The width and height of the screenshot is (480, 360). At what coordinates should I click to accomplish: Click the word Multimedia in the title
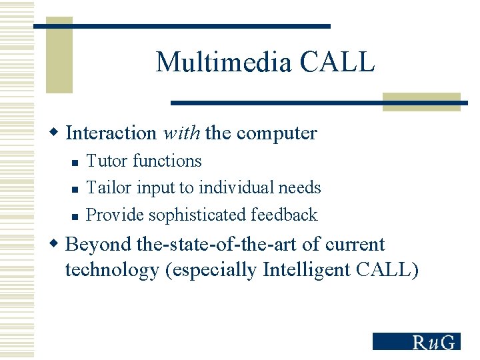[224, 63]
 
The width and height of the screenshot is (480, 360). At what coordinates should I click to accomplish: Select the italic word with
[181, 133]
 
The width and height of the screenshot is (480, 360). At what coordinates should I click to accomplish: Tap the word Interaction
[111, 133]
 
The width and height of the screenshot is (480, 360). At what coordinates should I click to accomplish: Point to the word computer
[277, 133]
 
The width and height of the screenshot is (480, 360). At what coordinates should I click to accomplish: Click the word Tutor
[107, 161]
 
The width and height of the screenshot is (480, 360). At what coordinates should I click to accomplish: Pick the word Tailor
[108, 188]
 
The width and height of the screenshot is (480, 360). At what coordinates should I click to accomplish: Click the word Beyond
[98, 245]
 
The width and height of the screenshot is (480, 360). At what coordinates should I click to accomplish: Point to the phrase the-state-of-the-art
[217, 245]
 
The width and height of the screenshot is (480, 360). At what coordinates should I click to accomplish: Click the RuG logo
[416, 341]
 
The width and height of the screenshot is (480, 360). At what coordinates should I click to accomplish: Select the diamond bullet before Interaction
[57, 133]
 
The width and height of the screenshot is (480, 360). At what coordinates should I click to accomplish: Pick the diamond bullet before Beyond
[57, 245]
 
